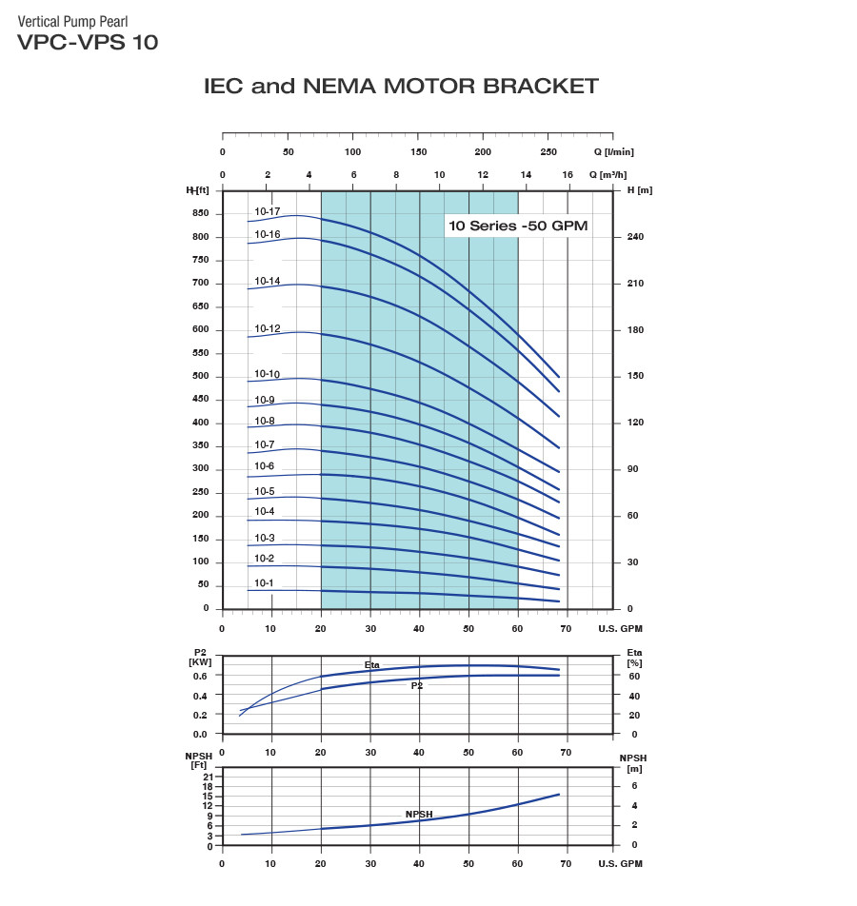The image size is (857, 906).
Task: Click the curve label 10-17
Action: click(267, 211)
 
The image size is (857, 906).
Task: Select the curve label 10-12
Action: click(267, 328)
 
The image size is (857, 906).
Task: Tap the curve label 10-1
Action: click(264, 583)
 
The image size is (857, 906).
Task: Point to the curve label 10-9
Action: click(264, 400)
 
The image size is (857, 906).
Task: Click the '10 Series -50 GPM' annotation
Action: click(518, 226)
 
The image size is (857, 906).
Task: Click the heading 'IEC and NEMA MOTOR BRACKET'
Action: click(401, 87)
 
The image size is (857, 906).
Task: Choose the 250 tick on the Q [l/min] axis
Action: click(548, 152)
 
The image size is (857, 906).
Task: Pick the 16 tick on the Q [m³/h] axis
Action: click(568, 175)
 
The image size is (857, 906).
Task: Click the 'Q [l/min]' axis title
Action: click(613, 152)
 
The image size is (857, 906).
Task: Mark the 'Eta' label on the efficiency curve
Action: click(372, 664)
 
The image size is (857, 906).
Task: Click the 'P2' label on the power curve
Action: click(417, 685)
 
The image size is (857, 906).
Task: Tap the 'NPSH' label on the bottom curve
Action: click(419, 815)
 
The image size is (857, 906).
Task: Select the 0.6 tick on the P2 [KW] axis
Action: click(200, 677)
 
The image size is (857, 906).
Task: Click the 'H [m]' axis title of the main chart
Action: click(640, 190)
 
